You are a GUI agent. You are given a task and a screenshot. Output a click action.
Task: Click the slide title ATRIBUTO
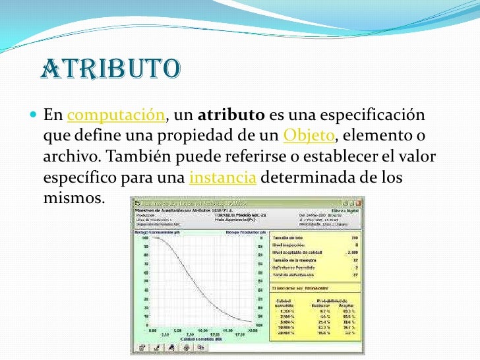109,69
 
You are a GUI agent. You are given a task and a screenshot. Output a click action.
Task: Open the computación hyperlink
116,115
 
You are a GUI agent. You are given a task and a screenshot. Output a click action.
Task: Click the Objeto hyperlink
309,136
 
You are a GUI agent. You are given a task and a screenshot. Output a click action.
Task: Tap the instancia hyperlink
222,178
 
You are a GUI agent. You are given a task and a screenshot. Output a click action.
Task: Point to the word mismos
73,198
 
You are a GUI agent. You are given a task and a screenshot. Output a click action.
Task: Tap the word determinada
301,178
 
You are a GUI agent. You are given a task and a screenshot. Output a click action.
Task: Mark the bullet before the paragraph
34,116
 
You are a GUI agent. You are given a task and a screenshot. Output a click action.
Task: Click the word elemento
378,136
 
